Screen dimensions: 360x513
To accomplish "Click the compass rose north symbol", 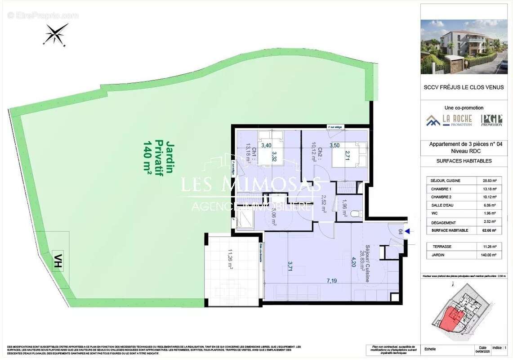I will pyautogui.click(x=55, y=34).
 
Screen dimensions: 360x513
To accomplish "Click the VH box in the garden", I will pyautogui.click(x=58, y=261).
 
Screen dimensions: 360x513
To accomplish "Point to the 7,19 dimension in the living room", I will pyautogui.click(x=332, y=281).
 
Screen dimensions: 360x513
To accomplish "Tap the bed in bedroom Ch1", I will pyautogui.click(x=271, y=148).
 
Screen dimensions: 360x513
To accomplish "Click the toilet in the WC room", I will pyautogui.click(x=355, y=214).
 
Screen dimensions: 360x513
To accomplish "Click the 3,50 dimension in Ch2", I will pyautogui.click(x=335, y=146).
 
